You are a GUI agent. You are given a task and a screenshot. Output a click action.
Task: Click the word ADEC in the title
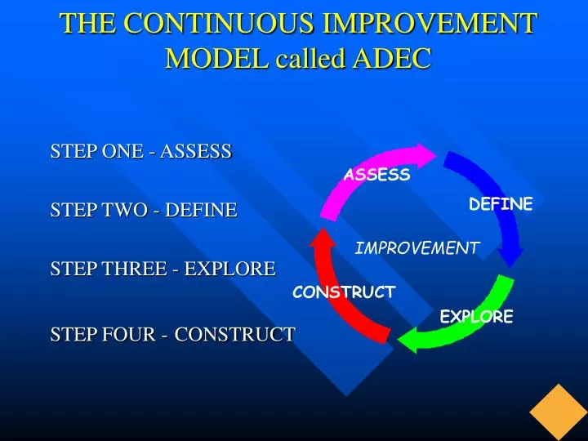point(391,58)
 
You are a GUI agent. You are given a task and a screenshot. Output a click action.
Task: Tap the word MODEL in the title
point(217,58)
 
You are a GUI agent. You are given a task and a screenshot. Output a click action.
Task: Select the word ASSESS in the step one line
point(196,151)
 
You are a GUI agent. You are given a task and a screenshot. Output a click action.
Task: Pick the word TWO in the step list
point(125,210)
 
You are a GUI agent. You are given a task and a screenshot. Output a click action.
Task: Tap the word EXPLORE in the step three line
point(229,269)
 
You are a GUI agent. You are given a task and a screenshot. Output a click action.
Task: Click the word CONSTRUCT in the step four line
point(234,335)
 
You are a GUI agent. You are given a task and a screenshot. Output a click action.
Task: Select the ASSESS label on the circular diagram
point(376,175)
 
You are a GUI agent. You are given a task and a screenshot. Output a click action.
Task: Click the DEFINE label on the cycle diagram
point(501,204)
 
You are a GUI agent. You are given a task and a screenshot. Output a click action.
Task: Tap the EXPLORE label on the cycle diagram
point(476,317)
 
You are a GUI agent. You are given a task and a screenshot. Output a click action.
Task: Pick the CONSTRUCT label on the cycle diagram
point(344,292)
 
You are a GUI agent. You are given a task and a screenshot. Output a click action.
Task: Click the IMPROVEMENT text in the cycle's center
point(416,248)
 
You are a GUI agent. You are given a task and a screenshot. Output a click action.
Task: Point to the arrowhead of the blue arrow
point(510,256)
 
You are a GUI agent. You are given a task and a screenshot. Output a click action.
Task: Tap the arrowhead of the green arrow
point(408,340)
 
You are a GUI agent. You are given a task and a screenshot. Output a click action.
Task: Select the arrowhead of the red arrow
point(323,238)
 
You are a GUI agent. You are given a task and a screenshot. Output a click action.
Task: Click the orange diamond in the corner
point(559,412)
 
